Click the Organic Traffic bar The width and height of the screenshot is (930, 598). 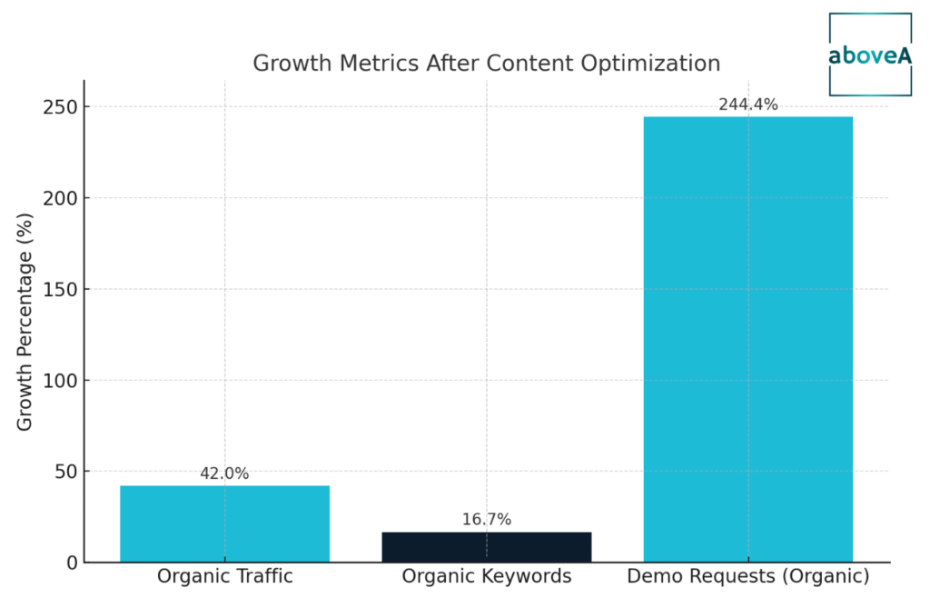224,523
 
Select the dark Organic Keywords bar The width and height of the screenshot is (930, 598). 486,546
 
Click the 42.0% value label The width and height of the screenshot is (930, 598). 224,473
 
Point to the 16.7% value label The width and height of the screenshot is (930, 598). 486,520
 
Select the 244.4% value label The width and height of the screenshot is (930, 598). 747,105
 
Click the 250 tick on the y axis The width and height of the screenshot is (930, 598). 61,107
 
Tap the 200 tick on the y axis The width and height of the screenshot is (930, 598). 61,198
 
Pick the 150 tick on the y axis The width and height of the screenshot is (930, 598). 61,289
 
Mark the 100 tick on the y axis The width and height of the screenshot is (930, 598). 61,381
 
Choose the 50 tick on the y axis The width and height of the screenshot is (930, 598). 66,472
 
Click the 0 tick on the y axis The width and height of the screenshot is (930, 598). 72,563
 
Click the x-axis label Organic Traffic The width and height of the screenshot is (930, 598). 224,576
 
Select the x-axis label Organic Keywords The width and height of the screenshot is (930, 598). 486,576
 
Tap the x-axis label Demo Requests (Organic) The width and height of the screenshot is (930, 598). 747,576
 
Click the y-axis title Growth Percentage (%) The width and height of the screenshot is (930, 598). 25,322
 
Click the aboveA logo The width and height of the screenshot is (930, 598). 869,55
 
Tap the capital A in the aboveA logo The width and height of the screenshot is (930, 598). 904,55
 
